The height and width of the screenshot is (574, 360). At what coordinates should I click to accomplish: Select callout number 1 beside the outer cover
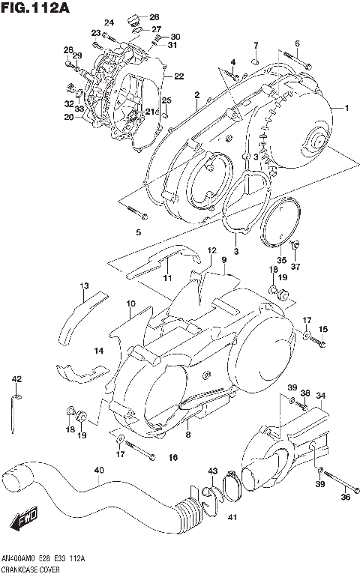click(x=346, y=109)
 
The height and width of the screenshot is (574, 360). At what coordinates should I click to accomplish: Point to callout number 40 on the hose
click(x=98, y=471)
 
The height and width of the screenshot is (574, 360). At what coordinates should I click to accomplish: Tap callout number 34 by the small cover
click(x=320, y=396)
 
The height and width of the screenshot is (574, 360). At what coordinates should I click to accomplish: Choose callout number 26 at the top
click(x=154, y=16)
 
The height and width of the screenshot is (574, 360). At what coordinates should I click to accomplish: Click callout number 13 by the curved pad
click(x=85, y=286)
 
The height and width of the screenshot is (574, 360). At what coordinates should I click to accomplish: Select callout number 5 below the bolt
click(x=138, y=233)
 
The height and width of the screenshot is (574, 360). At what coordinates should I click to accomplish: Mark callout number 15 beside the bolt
click(x=322, y=329)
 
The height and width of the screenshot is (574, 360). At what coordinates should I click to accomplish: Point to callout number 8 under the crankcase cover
click(x=188, y=435)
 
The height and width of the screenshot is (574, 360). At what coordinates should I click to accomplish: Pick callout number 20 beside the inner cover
click(x=68, y=118)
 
